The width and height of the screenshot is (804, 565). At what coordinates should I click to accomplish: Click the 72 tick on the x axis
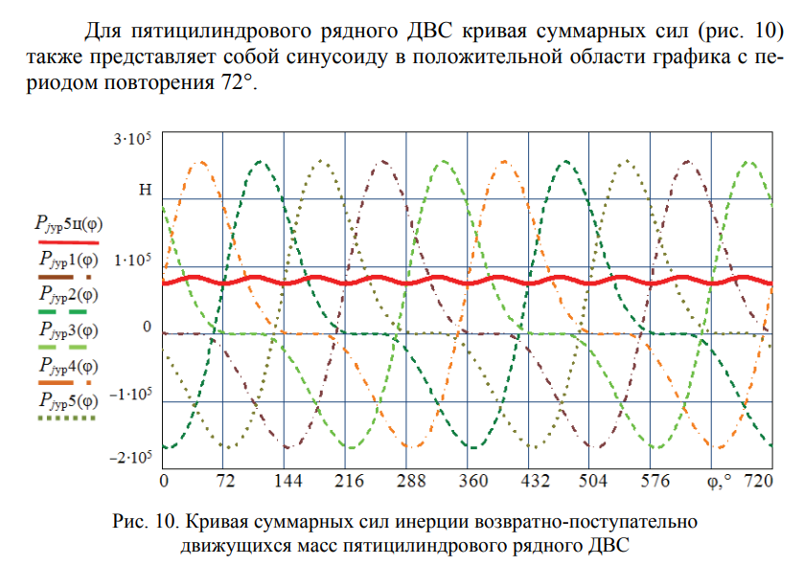click(x=223, y=479)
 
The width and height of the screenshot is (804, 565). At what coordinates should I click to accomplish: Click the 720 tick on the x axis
click(x=759, y=479)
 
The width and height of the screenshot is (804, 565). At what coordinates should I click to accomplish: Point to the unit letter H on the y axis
click(x=146, y=190)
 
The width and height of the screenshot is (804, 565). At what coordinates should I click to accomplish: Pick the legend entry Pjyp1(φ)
click(x=68, y=259)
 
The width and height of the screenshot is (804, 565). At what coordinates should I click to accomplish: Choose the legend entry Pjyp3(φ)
click(x=68, y=329)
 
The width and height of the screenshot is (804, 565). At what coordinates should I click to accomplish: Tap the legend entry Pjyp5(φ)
click(x=68, y=400)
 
